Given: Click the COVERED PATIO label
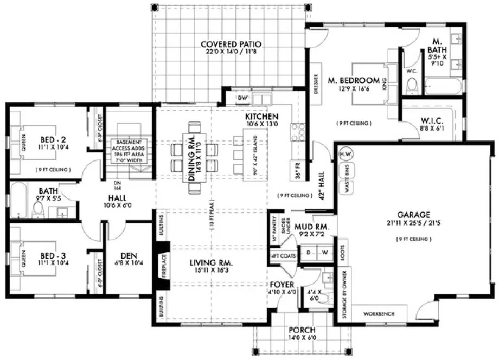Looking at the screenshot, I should pyautogui.click(x=231, y=44).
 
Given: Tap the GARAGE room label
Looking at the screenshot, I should pyautogui.click(x=417, y=214).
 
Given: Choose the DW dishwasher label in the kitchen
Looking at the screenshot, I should pyautogui.click(x=243, y=98).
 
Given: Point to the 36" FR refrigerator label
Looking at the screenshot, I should pyautogui.click(x=297, y=171).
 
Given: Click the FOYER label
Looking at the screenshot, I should pyautogui.click(x=282, y=284).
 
